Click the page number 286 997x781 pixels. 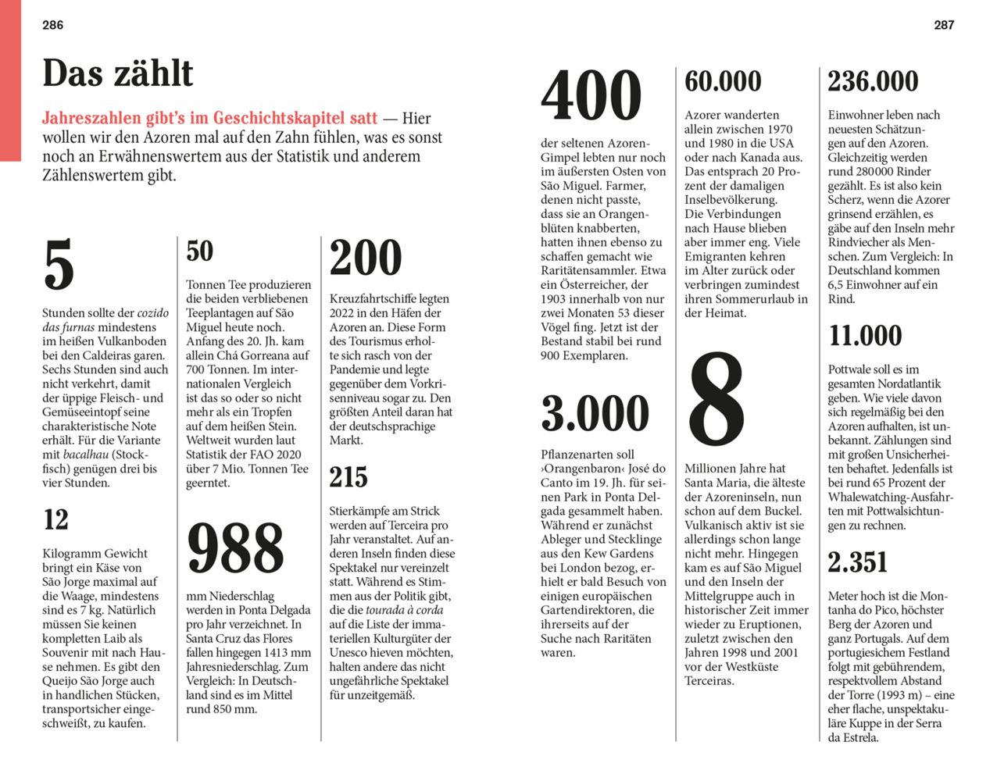click(x=52, y=25)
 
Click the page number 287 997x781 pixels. click(x=944, y=25)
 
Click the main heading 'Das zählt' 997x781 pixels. click(x=117, y=73)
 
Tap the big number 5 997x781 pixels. click(x=59, y=265)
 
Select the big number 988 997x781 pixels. click(x=235, y=547)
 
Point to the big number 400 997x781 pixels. click(x=591, y=95)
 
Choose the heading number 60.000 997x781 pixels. click(x=723, y=81)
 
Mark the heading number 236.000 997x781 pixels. click(x=873, y=81)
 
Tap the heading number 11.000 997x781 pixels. click(x=865, y=336)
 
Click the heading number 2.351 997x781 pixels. click(x=858, y=562)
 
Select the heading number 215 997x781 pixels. click(x=348, y=477)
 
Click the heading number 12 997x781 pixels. click(x=55, y=519)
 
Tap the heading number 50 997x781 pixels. click(x=199, y=251)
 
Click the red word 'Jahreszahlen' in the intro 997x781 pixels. click(x=87, y=119)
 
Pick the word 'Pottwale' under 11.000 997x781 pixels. click(x=850, y=369)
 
